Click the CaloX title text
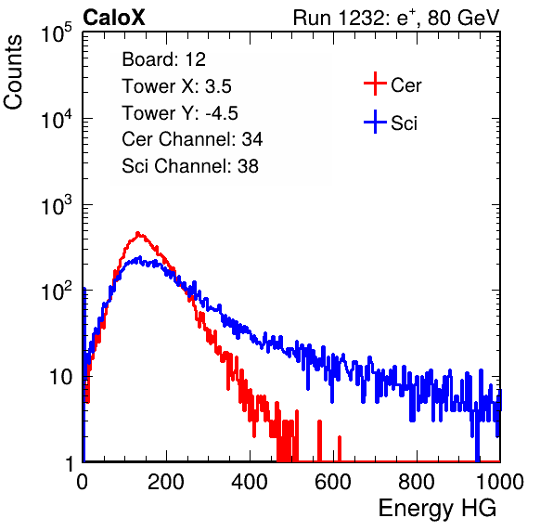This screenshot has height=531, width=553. pos(113,18)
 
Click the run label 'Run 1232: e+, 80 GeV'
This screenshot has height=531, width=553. pos(396,18)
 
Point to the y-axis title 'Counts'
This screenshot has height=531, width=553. pos(13,72)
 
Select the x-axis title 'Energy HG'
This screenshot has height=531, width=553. pos(437,509)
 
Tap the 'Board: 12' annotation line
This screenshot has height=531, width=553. pos(163,59)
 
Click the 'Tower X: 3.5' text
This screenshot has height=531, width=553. pos(176,86)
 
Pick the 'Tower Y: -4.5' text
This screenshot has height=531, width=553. pos(180,113)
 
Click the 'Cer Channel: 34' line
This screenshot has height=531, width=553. pos(192,139)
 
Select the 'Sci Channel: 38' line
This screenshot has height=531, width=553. pos(190,166)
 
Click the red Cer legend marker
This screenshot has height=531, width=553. pos(375,84)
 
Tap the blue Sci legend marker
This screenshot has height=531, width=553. pos(375,122)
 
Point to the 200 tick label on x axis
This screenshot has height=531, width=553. pos(166,482)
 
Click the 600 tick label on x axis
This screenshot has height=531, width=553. pos(333,482)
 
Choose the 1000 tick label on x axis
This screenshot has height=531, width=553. pos(500,482)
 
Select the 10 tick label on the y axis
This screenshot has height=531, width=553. pos(61,377)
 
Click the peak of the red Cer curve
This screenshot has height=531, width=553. pos(138,233)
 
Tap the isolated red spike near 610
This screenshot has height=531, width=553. pos(340,448)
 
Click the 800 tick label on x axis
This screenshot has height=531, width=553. pos(417,482)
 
